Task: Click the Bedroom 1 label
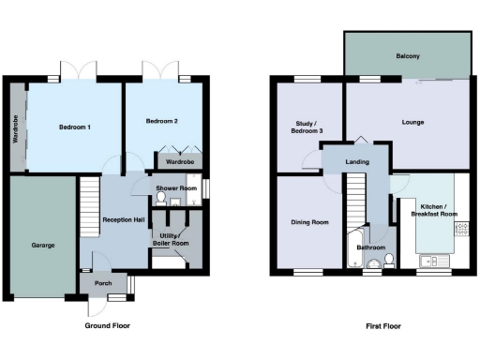pos(74,127)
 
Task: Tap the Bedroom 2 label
pos(162,122)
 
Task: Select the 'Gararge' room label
pos(43,245)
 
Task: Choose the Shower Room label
pos(176,188)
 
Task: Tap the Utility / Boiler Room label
pos(171,239)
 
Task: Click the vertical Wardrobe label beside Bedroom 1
pos(16,128)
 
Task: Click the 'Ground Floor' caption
pos(107,326)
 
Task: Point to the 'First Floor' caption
pos(383,326)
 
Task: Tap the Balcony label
pos(407,57)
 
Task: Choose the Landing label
pos(356,162)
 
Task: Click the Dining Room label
pos(309,222)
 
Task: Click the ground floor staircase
pos(88,201)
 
